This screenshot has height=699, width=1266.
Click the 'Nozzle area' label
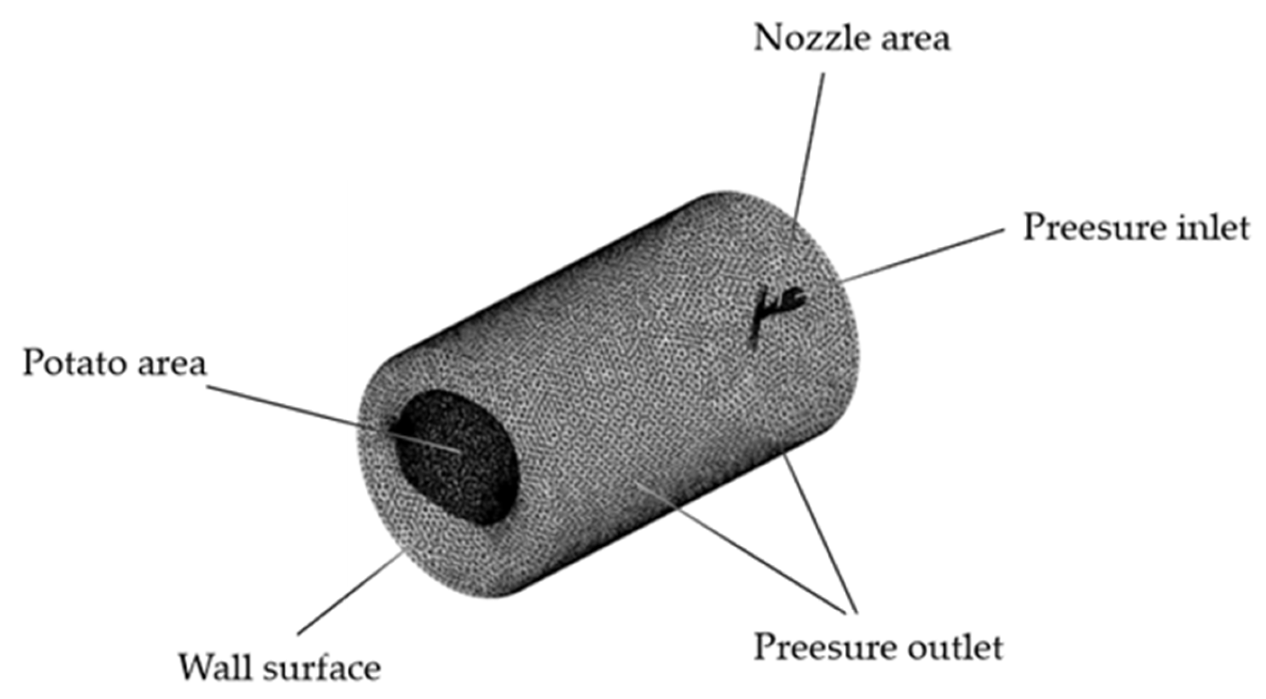[851, 39]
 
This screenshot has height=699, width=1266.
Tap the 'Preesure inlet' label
[1136, 228]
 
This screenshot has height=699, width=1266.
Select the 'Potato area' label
[114, 363]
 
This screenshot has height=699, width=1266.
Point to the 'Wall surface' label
[279, 668]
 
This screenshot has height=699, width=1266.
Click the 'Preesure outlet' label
[878, 647]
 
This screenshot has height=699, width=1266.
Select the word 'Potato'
[72, 363]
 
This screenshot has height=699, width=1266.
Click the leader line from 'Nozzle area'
[809, 147]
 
